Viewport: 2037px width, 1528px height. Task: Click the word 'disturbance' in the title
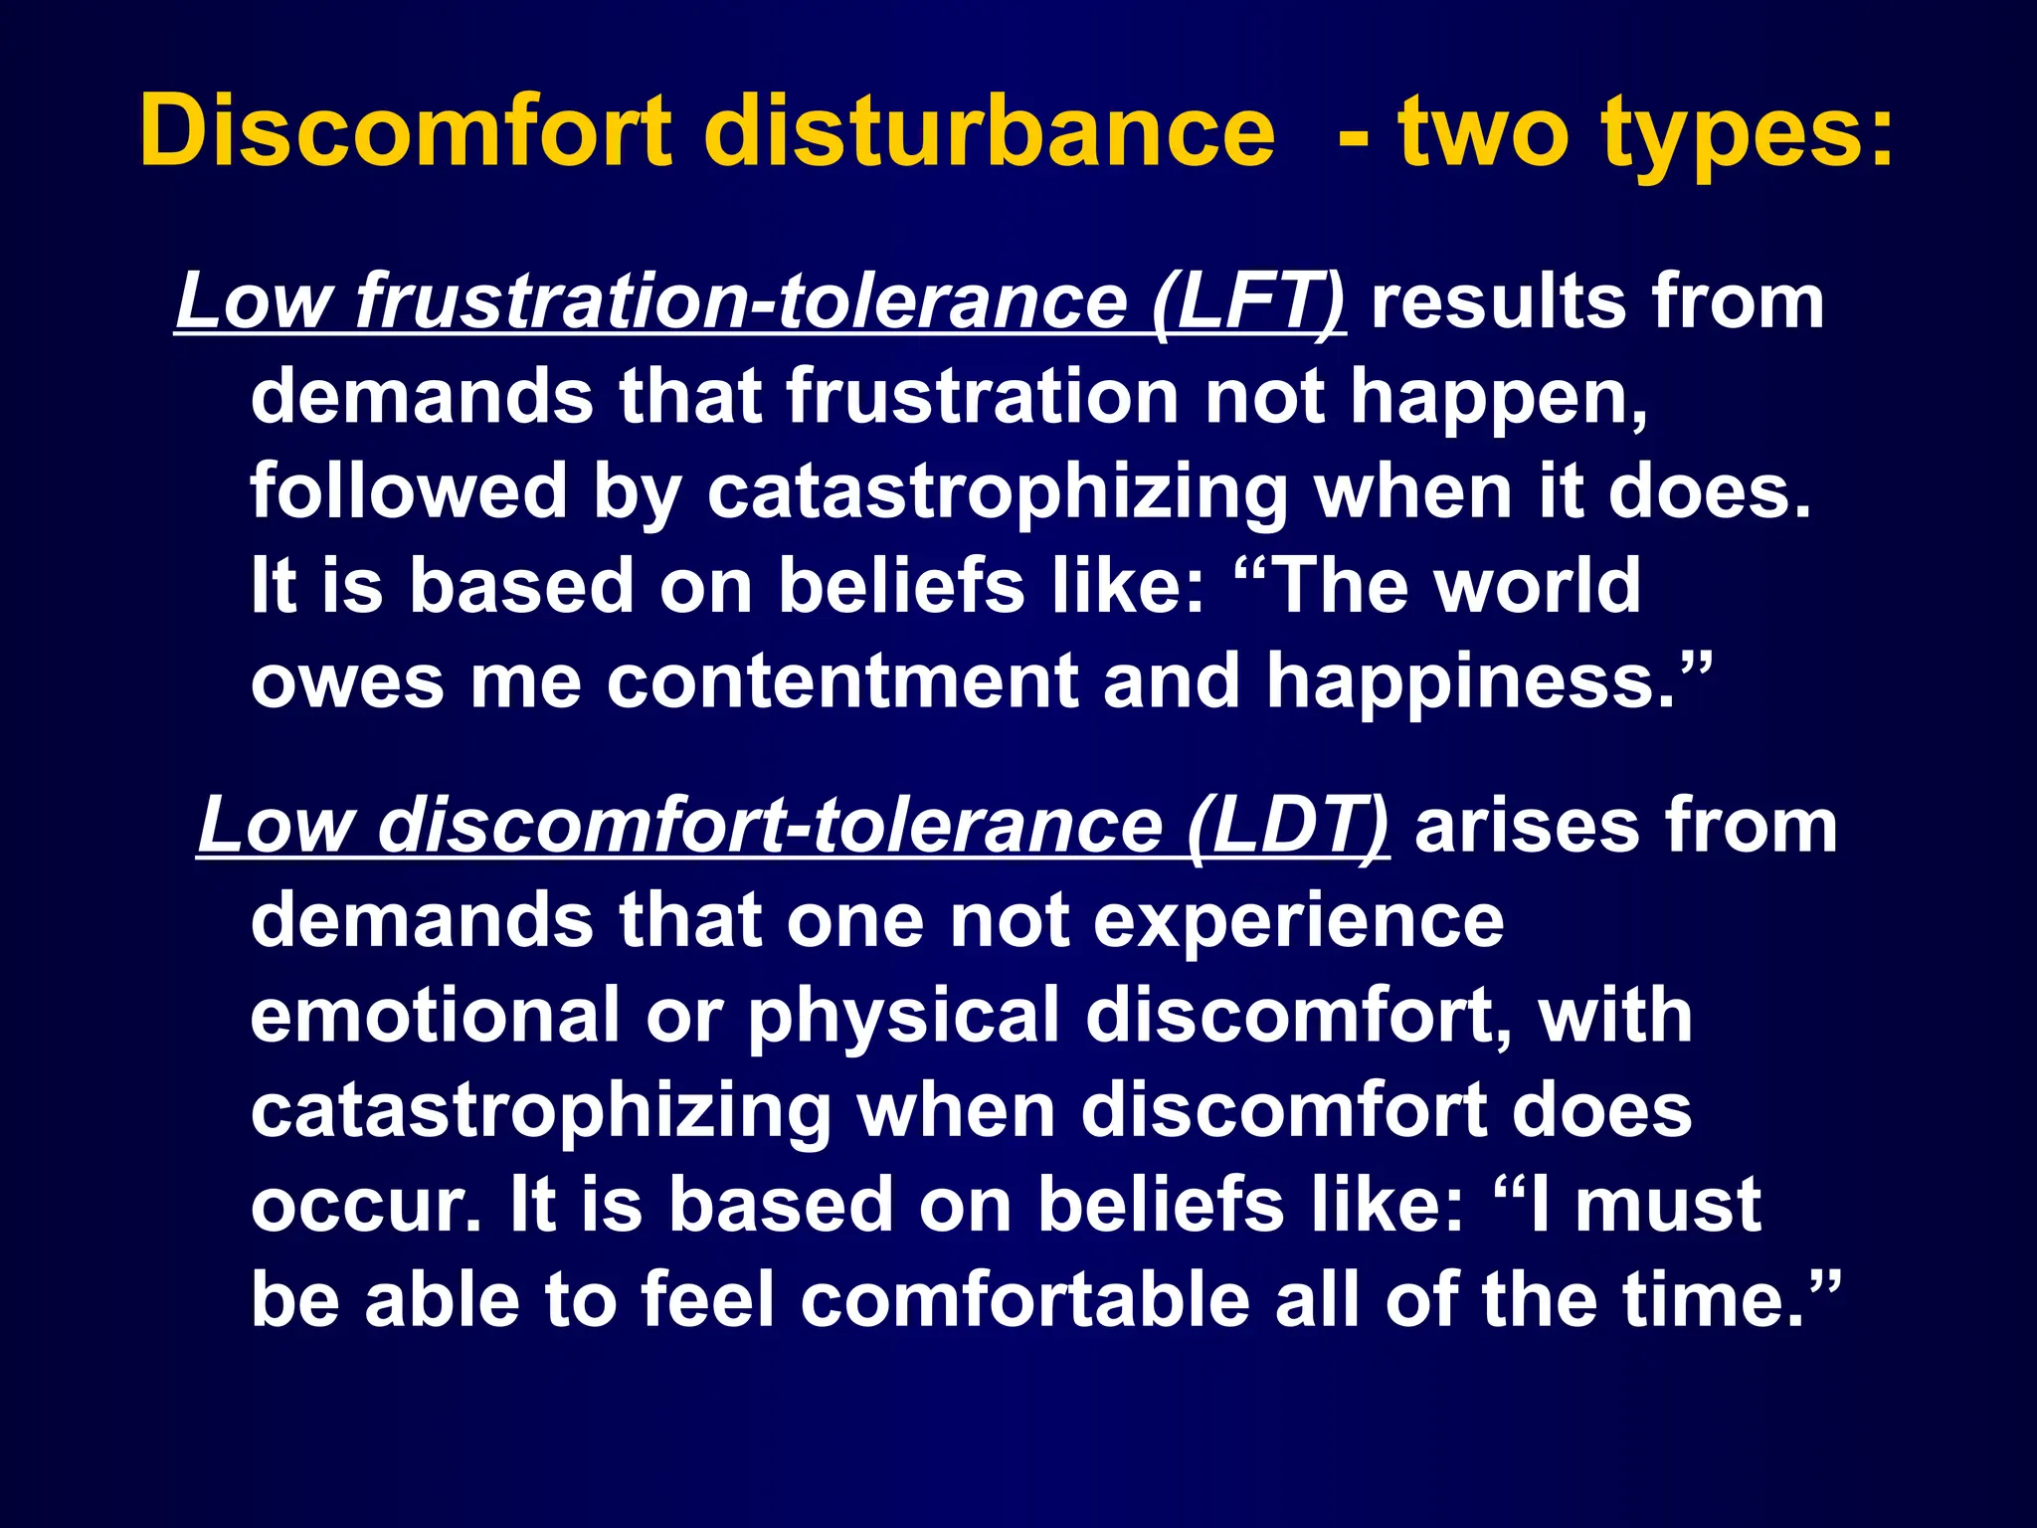(x=989, y=131)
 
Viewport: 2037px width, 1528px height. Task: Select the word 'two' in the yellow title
(x=1486, y=131)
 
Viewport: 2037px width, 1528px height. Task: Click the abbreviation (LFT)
(x=1249, y=302)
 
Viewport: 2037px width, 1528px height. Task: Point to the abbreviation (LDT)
(x=1289, y=827)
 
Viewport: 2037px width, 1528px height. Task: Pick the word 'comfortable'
(x=1024, y=1300)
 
